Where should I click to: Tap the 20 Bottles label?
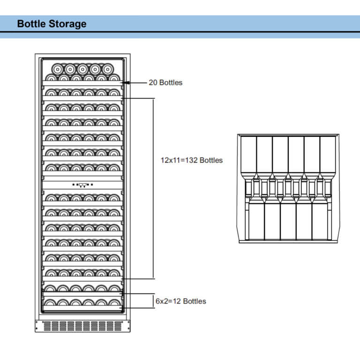pos(165,82)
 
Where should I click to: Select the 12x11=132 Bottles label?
pos(191,160)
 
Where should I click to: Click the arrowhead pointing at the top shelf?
pos(127,82)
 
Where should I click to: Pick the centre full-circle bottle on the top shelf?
pos(82,68)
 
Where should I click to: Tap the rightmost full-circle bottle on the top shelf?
pos(108,68)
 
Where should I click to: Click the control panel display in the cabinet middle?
pos(82,185)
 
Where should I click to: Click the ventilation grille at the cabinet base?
pos(82,325)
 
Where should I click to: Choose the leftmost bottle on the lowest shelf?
pos(50,302)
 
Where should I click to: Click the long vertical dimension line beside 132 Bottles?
pos(154,187)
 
